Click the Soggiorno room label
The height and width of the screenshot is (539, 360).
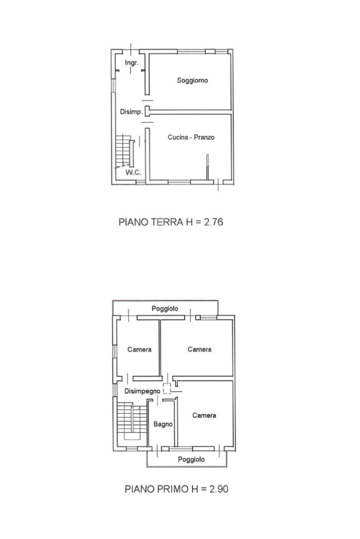tap(192, 81)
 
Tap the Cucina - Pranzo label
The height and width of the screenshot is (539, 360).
tap(191, 137)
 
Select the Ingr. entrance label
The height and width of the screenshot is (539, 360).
tap(132, 63)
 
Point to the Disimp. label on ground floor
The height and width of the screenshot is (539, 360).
tap(131, 112)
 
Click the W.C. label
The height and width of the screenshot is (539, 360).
tap(133, 172)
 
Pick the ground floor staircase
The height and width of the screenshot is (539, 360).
tap(124, 151)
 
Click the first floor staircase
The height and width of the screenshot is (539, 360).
tap(132, 421)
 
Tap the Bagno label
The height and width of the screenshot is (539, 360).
tap(163, 424)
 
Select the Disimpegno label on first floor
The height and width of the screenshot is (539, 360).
tap(142, 391)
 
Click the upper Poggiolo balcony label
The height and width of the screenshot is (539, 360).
tap(165, 309)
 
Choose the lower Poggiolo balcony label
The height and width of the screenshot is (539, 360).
tap(191, 459)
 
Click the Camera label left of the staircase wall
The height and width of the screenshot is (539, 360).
tap(139, 350)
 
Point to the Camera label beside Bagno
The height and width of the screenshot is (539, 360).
tap(204, 415)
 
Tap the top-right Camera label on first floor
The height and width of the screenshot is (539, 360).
tap(199, 349)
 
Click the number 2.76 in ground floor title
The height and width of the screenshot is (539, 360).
tap(213, 222)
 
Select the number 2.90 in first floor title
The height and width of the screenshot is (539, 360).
tap(219, 489)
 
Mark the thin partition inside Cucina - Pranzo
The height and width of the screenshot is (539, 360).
tap(207, 167)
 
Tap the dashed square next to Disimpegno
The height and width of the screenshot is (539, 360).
tap(167, 388)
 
